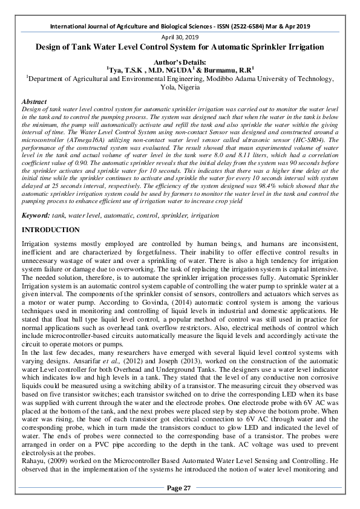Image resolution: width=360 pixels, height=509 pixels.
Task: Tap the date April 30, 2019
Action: (180, 37)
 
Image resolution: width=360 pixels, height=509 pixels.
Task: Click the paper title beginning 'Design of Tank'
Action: (180, 47)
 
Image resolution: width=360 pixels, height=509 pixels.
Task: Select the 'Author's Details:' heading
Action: (180, 62)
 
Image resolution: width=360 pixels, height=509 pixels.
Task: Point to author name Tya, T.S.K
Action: (126, 70)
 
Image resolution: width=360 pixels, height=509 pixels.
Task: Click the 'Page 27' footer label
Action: (180, 488)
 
